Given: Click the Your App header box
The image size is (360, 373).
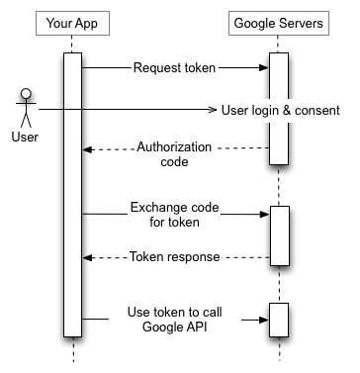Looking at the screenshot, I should [x=72, y=22].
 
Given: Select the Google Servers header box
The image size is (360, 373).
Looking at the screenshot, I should [x=279, y=22].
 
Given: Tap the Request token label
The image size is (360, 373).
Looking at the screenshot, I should [x=174, y=68].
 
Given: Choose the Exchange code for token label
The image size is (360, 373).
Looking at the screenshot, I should [x=174, y=214].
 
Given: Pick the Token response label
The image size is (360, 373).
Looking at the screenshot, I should [x=174, y=256].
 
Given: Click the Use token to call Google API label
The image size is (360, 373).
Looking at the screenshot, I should [x=174, y=319].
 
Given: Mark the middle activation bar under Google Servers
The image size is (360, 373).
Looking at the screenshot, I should [x=279, y=234].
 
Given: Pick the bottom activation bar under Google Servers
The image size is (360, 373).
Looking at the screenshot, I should [x=279, y=319].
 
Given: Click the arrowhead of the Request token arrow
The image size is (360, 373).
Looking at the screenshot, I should [x=264, y=68].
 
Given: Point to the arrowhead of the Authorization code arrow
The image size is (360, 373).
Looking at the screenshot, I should [x=87, y=149].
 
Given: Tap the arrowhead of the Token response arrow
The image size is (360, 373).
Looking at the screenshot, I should [x=87, y=256].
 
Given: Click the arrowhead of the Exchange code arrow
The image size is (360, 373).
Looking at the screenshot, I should [x=264, y=213].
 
